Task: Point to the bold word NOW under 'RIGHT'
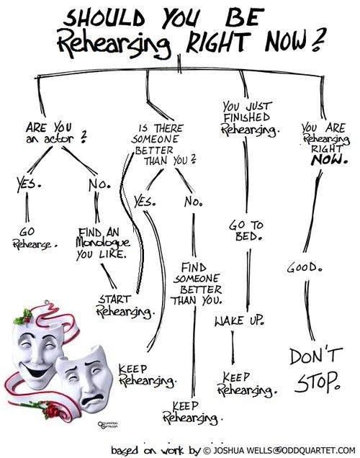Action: (329, 160)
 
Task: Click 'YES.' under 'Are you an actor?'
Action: (28, 184)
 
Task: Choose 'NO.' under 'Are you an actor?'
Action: (99, 184)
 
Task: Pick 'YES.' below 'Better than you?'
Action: (145, 202)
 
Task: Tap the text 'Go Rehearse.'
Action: (34, 238)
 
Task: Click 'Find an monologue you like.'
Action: (102, 243)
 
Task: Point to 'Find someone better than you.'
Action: (197, 284)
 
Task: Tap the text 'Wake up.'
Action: (240, 320)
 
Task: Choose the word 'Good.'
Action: (305, 267)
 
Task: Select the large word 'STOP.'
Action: (318, 382)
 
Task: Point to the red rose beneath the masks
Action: (52, 410)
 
